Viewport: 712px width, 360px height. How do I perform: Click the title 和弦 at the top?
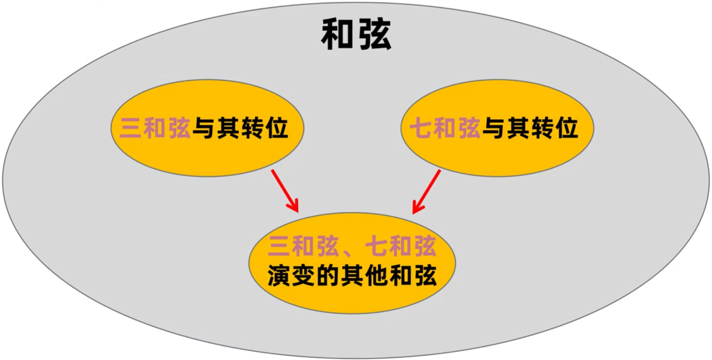[356, 35]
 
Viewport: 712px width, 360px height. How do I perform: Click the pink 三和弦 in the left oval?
[155, 128]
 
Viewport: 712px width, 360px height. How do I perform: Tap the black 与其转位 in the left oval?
[240, 128]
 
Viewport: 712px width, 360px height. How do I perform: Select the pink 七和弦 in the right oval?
[445, 128]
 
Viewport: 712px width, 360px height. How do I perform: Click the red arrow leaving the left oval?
[285, 190]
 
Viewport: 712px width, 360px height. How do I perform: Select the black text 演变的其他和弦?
[352, 276]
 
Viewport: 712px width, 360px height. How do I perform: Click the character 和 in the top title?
[337, 35]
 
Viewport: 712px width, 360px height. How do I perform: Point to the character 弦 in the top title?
[375, 35]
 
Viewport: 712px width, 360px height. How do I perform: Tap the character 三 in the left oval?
[130, 128]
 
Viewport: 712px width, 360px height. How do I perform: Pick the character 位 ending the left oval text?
[277, 128]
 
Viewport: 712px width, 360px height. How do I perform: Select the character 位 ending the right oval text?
[567, 128]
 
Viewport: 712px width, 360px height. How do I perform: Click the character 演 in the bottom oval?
[279, 276]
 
